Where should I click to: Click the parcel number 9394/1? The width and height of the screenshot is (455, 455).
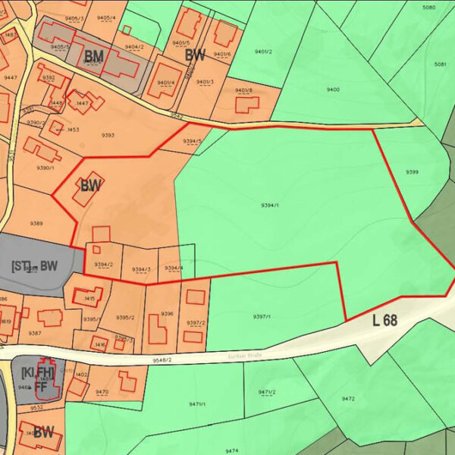pos(270,206)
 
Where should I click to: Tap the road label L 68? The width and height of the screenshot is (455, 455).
pos(385,320)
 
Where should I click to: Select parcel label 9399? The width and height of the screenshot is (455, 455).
pos(412,172)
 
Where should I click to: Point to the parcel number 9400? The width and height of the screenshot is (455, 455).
pos(333,89)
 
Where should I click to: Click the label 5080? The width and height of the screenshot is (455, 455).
pos(429,8)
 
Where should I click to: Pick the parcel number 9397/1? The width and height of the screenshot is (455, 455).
pos(262,316)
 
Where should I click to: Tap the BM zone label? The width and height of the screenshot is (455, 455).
pos(93,56)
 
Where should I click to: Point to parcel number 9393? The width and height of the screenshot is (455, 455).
pos(108,135)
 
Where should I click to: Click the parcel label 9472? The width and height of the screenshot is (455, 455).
pos(348,398)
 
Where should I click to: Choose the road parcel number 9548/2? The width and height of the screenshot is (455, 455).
pos(161,359)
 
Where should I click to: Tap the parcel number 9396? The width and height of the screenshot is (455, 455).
pos(168,313)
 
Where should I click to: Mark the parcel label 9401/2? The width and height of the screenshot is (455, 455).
pos(265,52)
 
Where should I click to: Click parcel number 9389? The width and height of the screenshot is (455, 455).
pos(36,223)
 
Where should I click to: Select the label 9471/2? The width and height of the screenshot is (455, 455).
pos(267,392)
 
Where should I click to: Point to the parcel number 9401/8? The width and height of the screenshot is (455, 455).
pos(244,91)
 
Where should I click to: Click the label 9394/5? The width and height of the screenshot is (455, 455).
pos(193,141)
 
